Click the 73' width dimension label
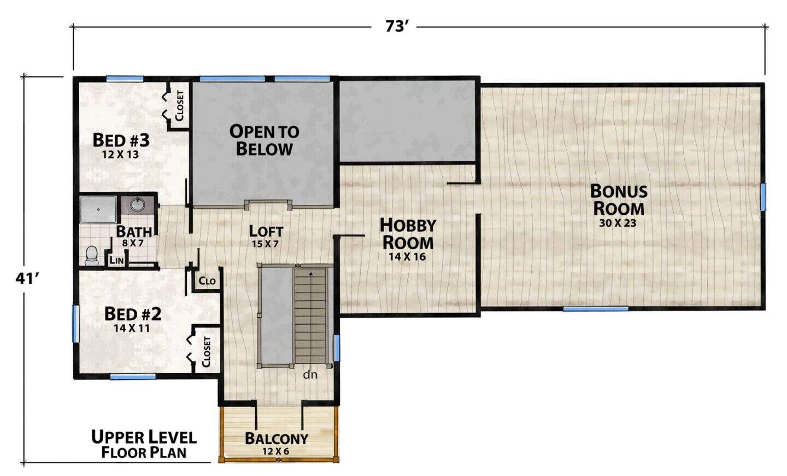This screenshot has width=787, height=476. click(396, 26)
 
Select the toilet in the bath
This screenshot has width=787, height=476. click(92, 255)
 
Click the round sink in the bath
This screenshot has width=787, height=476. click(136, 204)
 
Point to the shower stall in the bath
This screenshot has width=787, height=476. click(98, 209)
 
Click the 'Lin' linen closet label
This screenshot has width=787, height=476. click(116, 260)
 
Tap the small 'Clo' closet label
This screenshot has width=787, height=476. click(207, 281)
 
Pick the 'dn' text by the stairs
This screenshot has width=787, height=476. click(310, 375)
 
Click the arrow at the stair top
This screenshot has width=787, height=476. click(310, 274)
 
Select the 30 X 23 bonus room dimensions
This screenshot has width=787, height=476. click(618, 223)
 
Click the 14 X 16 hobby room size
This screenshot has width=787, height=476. click(407, 257)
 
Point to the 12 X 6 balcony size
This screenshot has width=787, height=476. click(276, 451)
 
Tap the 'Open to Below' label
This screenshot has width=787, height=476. click(264, 140)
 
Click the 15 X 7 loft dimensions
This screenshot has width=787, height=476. click(265, 243)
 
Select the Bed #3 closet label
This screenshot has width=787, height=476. click(179, 105)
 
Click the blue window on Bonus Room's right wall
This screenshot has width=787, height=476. click(763, 197)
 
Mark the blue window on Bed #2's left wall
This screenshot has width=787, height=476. click(75, 324)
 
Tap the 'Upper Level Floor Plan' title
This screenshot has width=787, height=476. click(144, 444)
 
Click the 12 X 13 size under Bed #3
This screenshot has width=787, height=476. click(120, 155)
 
